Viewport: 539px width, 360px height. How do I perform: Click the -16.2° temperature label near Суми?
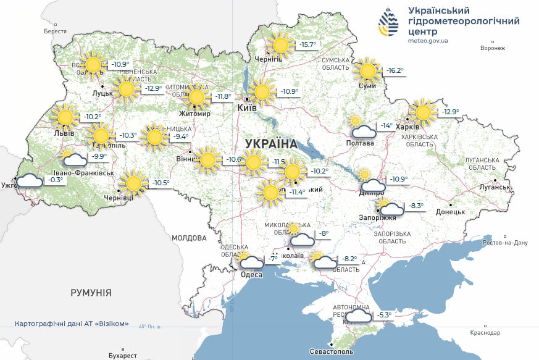(395, 71)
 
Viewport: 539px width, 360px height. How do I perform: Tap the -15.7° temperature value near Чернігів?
(307, 44)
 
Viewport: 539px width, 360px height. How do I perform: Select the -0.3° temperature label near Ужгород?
(56, 180)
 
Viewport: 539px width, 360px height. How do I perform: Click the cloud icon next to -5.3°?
(359, 316)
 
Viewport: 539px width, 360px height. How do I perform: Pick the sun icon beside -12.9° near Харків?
(423, 112)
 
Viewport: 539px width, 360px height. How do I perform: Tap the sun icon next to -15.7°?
(281, 44)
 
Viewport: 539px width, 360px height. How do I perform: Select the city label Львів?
(64, 133)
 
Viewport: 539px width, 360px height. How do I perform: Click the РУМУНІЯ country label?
(91, 293)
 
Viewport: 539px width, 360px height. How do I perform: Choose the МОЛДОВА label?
(189, 238)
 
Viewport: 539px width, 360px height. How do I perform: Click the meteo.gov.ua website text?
(428, 41)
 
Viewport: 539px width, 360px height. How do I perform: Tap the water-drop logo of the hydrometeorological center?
(388, 24)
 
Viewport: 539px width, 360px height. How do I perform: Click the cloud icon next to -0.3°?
(30, 181)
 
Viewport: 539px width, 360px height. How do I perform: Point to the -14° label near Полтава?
(386, 125)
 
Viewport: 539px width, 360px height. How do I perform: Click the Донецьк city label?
(450, 212)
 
